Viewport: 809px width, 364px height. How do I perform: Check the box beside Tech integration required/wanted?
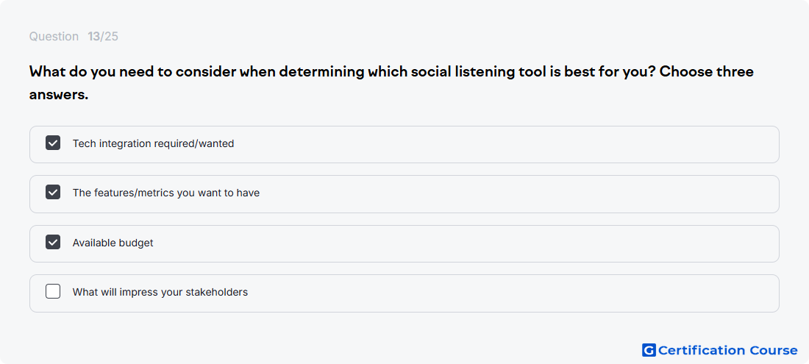click(53, 143)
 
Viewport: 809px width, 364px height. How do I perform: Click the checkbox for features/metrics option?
click(53, 193)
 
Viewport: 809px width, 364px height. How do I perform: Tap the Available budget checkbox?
click(53, 242)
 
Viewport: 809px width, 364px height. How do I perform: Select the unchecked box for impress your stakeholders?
click(53, 291)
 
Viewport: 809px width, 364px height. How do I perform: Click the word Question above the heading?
click(54, 37)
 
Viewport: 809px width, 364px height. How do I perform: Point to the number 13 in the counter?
click(94, 37)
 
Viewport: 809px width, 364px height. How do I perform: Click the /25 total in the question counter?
click(110, 37)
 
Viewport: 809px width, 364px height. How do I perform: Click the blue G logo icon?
click(649, 350)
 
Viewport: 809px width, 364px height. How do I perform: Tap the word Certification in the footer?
click(702, 351)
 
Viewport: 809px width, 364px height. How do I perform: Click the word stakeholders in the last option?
click(217, 292)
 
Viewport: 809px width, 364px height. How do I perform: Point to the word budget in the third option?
click(136, 243)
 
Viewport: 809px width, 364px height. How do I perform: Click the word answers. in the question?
click(59, 96)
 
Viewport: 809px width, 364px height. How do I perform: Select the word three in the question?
click(735, 71)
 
